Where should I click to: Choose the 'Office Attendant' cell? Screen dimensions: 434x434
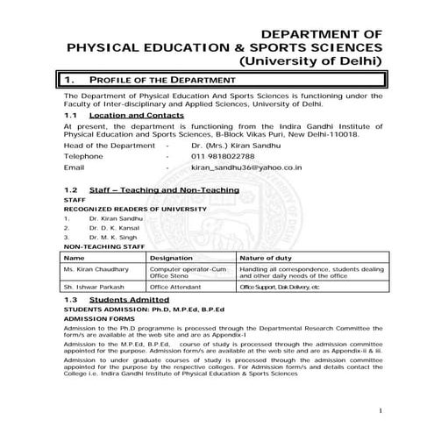pyautogui.click(x=177, y=287)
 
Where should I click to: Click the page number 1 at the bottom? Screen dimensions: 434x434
pyautogui.click(x=381, y=410)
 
